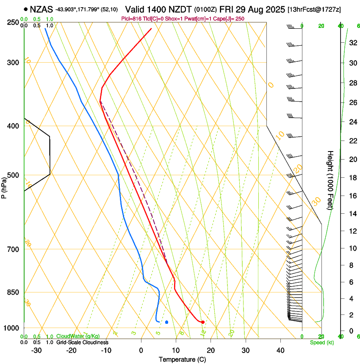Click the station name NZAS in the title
(41, 9)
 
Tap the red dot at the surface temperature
(203, 322)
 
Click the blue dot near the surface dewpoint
(167, 322)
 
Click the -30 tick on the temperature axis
(36, 350)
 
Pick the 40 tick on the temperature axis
(280, 350)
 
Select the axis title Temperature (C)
(182, 359)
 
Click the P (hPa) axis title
(4, 186)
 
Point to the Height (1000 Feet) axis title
(331, 180)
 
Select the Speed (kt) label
(322, 342)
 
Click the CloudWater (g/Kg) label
(78, 336)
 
